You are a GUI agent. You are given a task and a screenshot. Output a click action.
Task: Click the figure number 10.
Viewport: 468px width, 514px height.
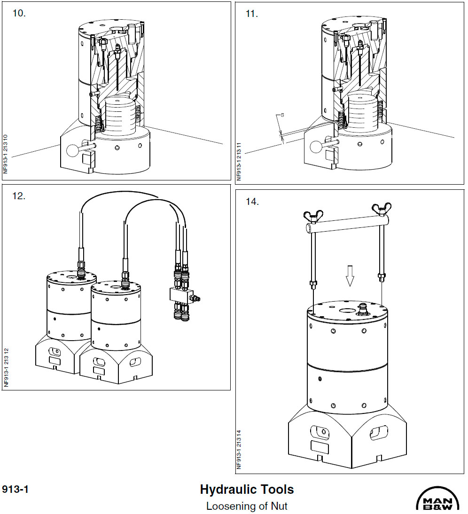coord(19,13)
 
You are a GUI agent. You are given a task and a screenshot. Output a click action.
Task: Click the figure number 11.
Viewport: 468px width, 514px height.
coord(252,14)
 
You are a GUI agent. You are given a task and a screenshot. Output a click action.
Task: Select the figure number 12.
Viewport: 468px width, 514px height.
coord(19,196)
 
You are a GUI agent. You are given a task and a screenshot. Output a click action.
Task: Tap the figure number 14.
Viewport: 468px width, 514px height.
coord(252,201)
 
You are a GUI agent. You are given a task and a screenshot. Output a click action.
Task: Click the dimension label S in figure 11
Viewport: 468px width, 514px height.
coord(282,115)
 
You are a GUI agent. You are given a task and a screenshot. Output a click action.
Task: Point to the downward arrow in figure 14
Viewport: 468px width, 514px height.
coord(349,275)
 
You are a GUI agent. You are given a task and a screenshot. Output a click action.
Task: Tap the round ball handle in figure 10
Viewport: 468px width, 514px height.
coord(74,150)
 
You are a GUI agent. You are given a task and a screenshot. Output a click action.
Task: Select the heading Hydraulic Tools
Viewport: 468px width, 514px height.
coord(247,490)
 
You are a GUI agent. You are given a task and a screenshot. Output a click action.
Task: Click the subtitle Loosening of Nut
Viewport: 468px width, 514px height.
coord(247,506)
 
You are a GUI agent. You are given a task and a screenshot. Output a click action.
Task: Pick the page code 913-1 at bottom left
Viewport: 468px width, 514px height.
coord(16,490)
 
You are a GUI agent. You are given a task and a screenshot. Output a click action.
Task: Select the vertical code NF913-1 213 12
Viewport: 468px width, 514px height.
coord(6,367)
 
